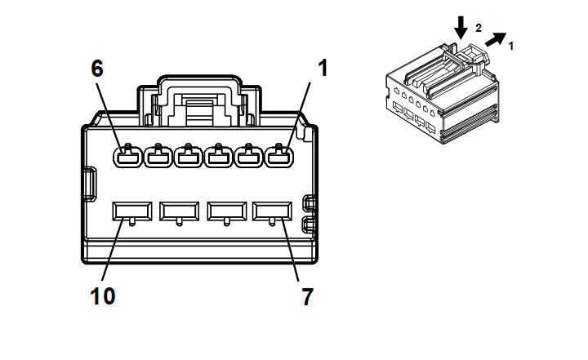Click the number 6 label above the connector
pyautogui.click(x=97, y=69)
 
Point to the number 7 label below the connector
pyautogui.click(x=307, y=297)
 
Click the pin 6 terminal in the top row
pyautogui.click(x=126, y=155)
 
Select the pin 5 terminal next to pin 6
pyautogui.click(x=157, y=155)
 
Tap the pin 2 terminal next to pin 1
pyautogui.click(x=249, y=155)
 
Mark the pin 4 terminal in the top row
pyautogui.click(x=188, y=155)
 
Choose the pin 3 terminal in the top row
pyautogui.click(x=218, y=155)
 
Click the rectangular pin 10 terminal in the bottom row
pyautogui.click(x=131, y=212)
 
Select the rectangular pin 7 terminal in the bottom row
pyautogui.click(x=273, y=212)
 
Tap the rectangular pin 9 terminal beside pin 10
pyautogui.click(x=179, y=212)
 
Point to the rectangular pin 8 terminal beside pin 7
pyautogui.click(x=226, y=212)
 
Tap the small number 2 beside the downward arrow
pyautogui.click(x=479, y=28)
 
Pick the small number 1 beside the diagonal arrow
pyautogui.click(x=511, y=46)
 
